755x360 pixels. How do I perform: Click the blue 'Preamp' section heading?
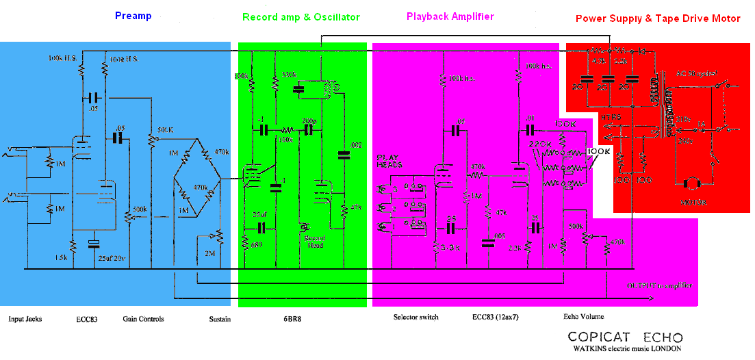(133, 16)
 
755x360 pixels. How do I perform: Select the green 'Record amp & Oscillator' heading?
(300, 17)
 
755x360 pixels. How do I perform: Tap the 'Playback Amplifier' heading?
(450, 16)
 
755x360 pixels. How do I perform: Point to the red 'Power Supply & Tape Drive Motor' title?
(657, 19)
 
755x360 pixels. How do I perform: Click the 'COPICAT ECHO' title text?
(624, 337)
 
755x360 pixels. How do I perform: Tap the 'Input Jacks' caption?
(25, 319)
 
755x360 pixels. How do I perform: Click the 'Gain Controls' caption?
(143, 319)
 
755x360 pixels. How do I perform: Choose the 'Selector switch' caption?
(415, 318)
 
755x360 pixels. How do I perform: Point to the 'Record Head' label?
(316, 242)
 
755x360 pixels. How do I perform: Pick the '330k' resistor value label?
(290, 74)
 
